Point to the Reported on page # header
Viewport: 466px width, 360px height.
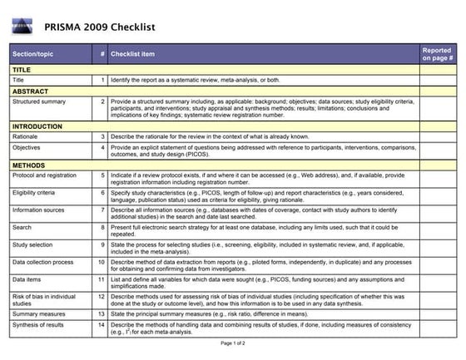point(437,55)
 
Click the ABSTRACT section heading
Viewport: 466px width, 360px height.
point(30,91)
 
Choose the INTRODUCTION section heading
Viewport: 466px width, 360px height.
point(37,126)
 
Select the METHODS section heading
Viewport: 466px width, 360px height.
point(28,165)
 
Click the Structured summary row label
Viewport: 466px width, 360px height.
point(38,101)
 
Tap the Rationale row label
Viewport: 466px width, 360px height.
point(25,136)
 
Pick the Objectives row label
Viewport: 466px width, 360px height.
point(27,147)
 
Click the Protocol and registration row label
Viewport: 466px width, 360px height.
point(45,175)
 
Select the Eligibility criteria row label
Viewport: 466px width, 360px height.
point(33,191)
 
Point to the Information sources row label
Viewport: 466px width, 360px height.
point(38,210)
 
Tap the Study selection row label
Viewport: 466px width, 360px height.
point(32,245)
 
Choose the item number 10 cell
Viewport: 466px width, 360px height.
point(101,262)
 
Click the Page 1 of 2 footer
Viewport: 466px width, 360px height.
point(234,343)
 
